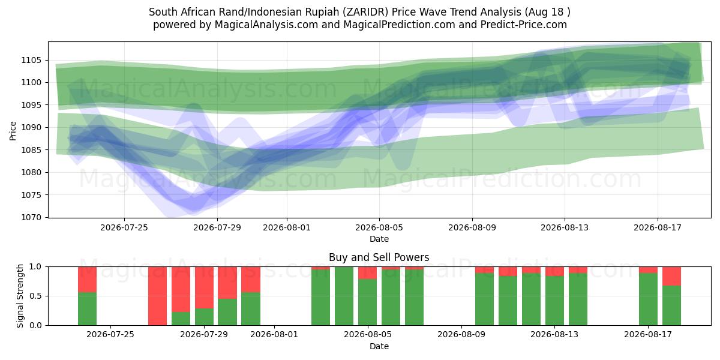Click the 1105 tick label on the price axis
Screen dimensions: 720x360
point(31,60)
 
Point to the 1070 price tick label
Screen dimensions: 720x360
point(31,218)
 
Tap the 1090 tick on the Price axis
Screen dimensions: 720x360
point(31,128)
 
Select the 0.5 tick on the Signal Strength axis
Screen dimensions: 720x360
point(35,296)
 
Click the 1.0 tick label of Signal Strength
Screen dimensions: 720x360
point(35,266)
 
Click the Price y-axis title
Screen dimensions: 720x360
point(13,131)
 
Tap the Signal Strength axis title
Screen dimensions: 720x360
point(20,296)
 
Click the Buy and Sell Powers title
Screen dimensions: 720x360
point(379,257)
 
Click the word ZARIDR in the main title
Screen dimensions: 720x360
point(365,12)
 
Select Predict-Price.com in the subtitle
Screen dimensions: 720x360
point(524,25)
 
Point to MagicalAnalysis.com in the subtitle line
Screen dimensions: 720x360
point(266,25)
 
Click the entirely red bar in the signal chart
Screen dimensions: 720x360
point(157,296)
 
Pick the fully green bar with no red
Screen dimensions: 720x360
point(344,296)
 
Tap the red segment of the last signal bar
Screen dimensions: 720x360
point(671,276)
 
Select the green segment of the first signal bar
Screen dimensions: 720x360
point(87,309)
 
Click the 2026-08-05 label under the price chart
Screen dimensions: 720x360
point(379,227)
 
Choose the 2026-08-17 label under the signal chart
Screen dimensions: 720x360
point(647,335)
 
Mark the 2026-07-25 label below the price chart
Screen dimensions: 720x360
point(124,227)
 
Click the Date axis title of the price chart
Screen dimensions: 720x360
point(379,239)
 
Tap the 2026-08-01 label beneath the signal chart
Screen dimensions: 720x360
point(274,335)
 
